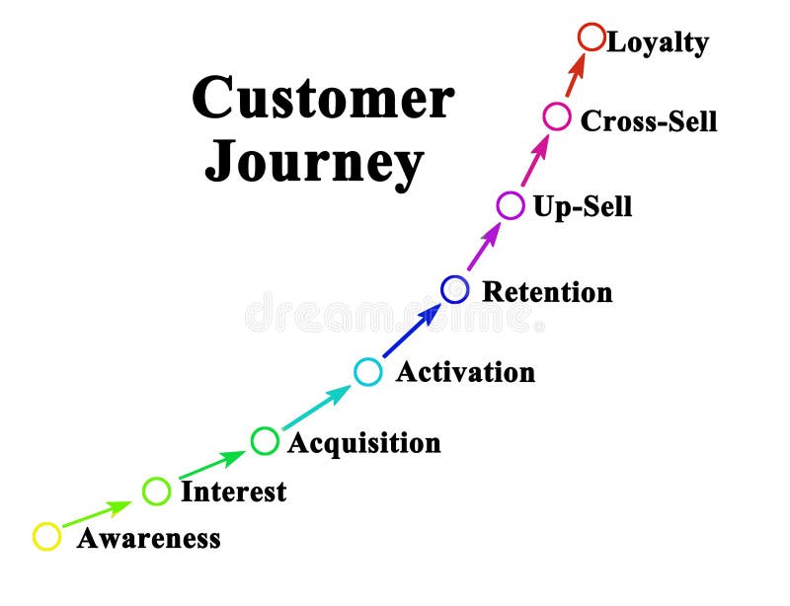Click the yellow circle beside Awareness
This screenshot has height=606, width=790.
coord(46,536)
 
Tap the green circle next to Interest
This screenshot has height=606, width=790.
coord(156,491)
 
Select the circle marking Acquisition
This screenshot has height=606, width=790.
coord(265,440)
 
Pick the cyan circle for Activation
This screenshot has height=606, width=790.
coord(367,371)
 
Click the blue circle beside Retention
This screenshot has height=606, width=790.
coord(454,289)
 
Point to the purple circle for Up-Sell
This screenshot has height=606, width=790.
coord(510,205)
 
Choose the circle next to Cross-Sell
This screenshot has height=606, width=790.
coord(557,117)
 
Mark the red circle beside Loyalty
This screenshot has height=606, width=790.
coord(591,38)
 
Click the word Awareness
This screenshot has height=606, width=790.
coord(148,539)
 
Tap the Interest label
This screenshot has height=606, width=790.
coord(233,492)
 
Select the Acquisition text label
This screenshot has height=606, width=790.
coord(363,443)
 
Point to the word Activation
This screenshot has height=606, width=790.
coord(465,372)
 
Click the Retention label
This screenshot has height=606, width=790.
coord(547,292)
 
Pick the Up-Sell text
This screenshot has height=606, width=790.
coord(582,207)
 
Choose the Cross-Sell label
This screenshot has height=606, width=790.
coord(649,120)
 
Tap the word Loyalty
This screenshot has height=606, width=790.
coord(658,43)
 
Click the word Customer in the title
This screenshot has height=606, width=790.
coord(323,99)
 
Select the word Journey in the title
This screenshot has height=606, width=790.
coord(314,163)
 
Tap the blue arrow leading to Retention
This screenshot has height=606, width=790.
coord(412,331)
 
